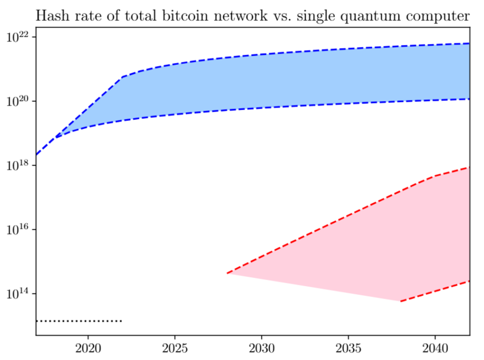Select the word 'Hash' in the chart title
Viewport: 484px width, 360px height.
51,16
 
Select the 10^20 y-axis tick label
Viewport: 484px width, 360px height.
17,101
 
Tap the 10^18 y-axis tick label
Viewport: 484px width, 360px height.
17,166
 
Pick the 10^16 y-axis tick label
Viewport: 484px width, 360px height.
17,230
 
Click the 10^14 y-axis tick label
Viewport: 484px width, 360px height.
17,294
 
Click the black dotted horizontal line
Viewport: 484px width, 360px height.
79,321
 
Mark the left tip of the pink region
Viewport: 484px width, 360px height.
227,273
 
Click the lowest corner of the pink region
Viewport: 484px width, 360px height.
400,301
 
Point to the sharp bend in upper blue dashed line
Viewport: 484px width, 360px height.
122,77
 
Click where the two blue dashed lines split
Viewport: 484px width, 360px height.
56,138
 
